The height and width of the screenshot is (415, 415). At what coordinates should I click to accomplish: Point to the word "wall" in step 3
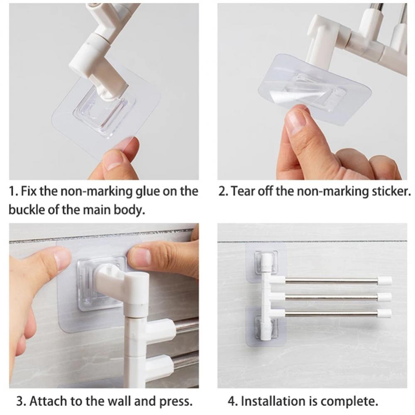(x=127, y=401)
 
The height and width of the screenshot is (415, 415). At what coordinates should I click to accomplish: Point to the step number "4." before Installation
(x=232, y=401)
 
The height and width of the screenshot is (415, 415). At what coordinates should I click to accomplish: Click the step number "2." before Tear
(x=223, y=191)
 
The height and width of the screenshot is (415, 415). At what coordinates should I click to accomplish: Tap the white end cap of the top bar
(x=385, y=281)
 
